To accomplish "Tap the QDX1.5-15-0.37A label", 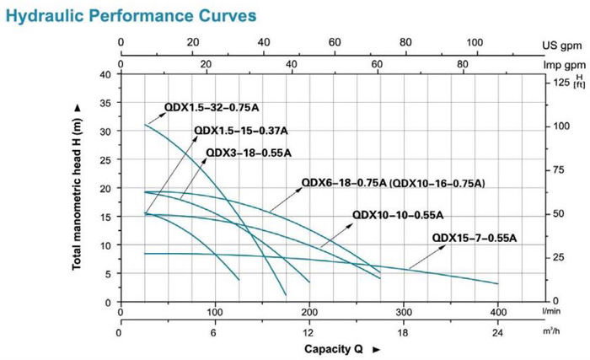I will coord(241,131).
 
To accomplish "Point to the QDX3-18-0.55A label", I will coord(249,153).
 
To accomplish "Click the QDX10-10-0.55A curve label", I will coord(398,214).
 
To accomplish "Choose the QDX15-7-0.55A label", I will coord(474,238).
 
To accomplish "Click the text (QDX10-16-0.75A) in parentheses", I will coord(438,182).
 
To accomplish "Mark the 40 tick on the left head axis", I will coord(105,74).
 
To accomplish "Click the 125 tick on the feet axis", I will coord(560,82).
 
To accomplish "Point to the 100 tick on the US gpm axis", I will coord(475,42).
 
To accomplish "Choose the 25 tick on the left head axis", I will coord(105,159).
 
